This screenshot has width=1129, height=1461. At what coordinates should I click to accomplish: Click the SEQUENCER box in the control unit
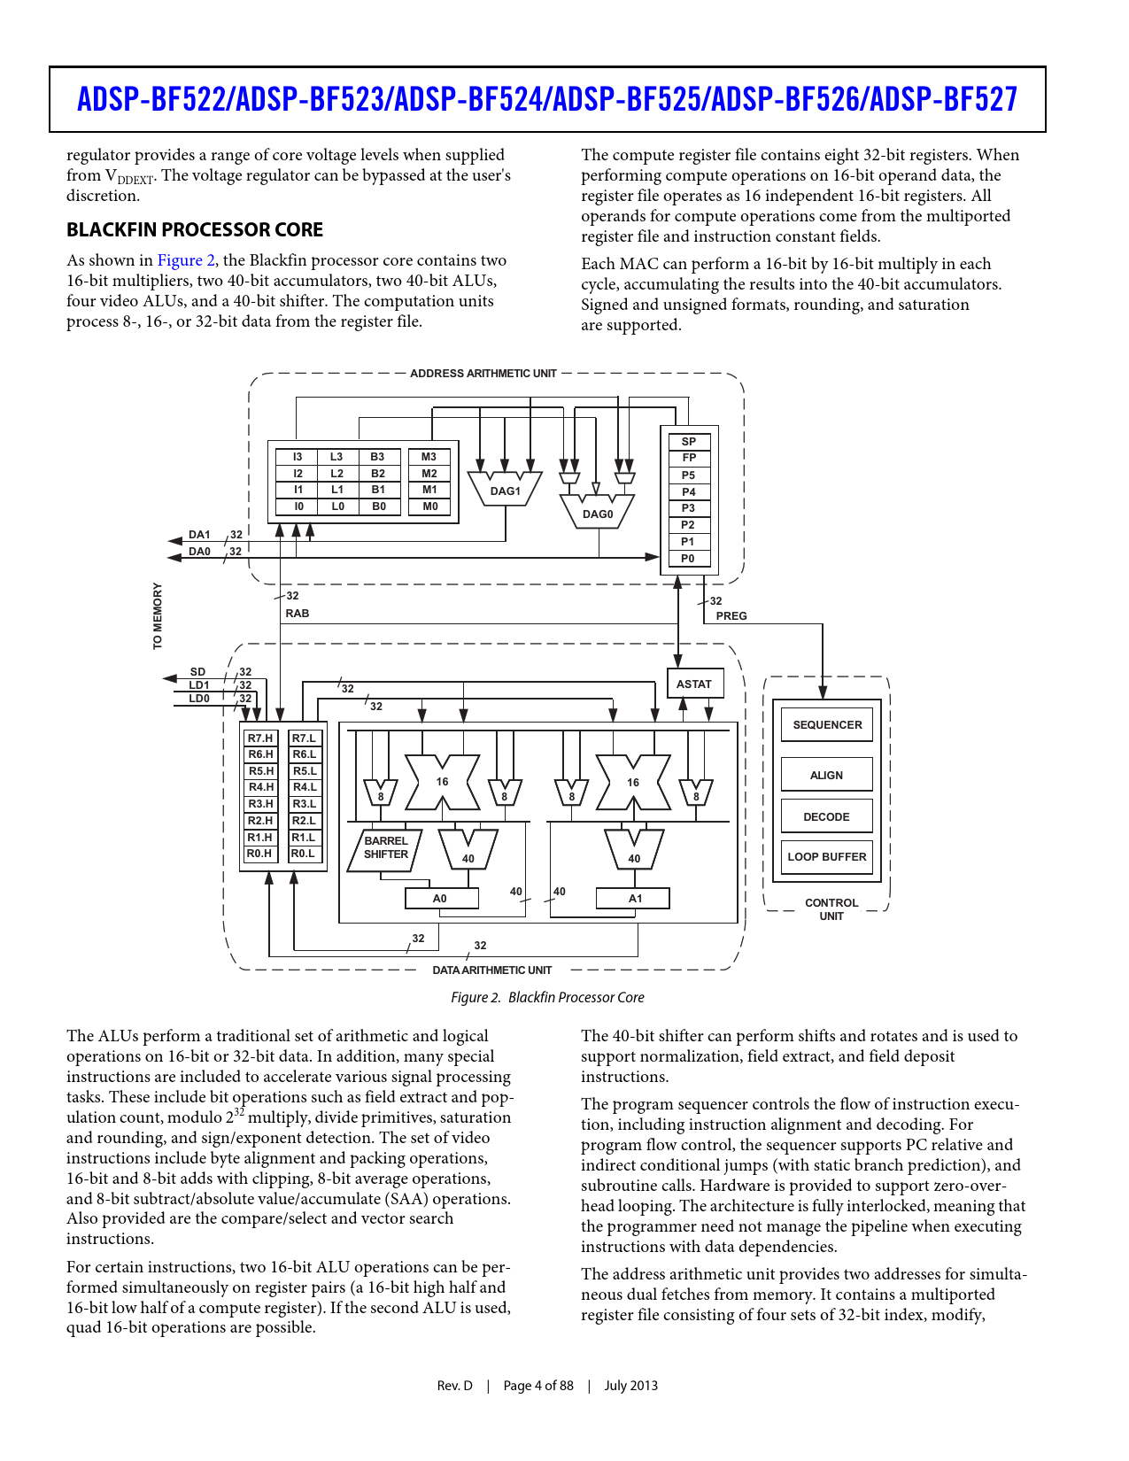(827, 724)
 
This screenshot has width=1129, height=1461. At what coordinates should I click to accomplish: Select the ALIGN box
(827, 775)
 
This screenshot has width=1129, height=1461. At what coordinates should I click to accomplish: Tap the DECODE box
(827, 816)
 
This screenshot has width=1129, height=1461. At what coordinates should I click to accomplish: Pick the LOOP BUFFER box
(827, 856)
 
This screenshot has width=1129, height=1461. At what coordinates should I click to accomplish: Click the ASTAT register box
(694, 684)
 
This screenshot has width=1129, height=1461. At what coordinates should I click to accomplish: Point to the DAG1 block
(505, 491)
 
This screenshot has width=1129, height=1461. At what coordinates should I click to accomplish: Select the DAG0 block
(598, 514)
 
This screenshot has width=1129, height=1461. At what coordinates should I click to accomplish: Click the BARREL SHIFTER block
(386, 848)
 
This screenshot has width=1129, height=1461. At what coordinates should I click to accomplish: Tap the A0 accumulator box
(441, 898)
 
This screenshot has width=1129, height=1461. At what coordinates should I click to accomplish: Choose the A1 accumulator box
(634, 898)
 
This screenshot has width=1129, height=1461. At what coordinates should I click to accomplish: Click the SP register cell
(689, 441)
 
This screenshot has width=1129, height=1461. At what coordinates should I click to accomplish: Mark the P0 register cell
(689, 559)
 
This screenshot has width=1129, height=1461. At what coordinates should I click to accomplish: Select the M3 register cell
(429, 457)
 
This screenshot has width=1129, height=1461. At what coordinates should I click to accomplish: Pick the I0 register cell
(298, 506)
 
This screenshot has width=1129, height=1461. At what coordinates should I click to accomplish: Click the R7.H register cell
(260, 738)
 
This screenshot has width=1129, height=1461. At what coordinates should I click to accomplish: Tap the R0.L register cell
(304, 854)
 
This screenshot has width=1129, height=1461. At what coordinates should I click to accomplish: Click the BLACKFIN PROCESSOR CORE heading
(195, 230)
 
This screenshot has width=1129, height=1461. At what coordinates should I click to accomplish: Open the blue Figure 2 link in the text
(186, 260)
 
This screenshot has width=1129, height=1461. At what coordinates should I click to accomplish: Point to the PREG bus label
(731, 615)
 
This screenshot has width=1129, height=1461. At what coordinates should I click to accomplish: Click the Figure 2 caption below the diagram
(547, 997)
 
